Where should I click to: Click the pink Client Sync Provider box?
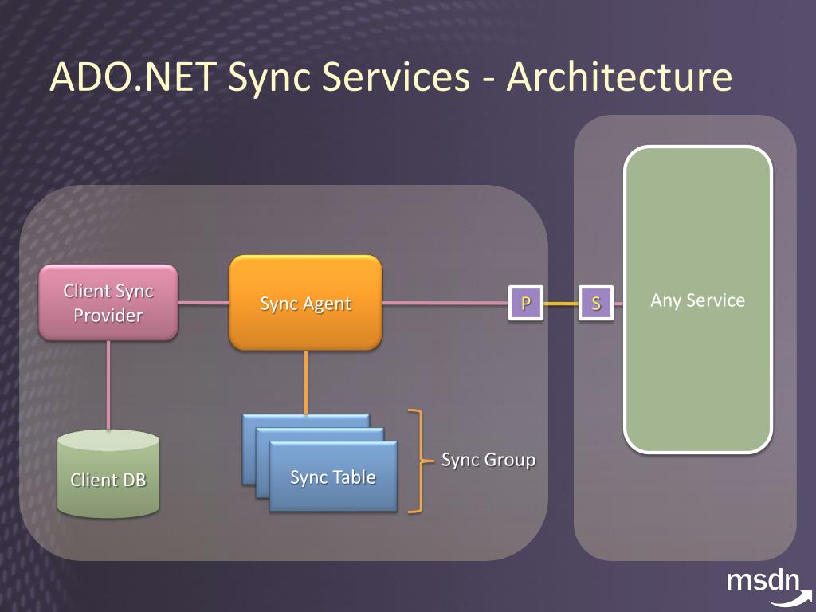(x=108, y=303)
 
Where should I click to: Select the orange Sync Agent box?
(x=305, y=303)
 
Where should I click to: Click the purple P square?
(x=526, y=303)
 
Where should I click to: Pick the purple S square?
(x=596, y=303)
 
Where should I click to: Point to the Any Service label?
(x=697, y=300)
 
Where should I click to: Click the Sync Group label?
(x=488, y=460)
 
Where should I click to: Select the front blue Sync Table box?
(x=333, y=477)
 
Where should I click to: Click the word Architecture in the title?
(x=619, y=77)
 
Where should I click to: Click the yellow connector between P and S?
(x=561, y=303)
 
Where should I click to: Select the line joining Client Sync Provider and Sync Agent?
(x=203, y=303)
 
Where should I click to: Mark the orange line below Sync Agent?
(x=306, y=382)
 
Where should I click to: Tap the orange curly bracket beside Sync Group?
(x=415, y=460)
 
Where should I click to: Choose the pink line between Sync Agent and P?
(x=446, y=303)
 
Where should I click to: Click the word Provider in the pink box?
(x=108, y=316)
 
